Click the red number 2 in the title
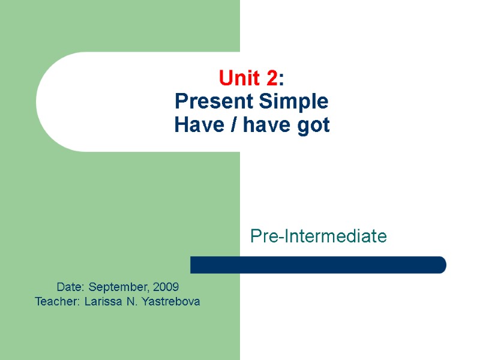pyautogui.click(x=272, y=78)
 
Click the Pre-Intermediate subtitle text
pyautogui.click(x=318, y=236)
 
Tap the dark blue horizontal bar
pyautogui.click(x=318, y=265)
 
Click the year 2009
pyautogui.click(x=165, y=287)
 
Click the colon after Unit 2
pyautogui.click(x=282, y=79)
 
